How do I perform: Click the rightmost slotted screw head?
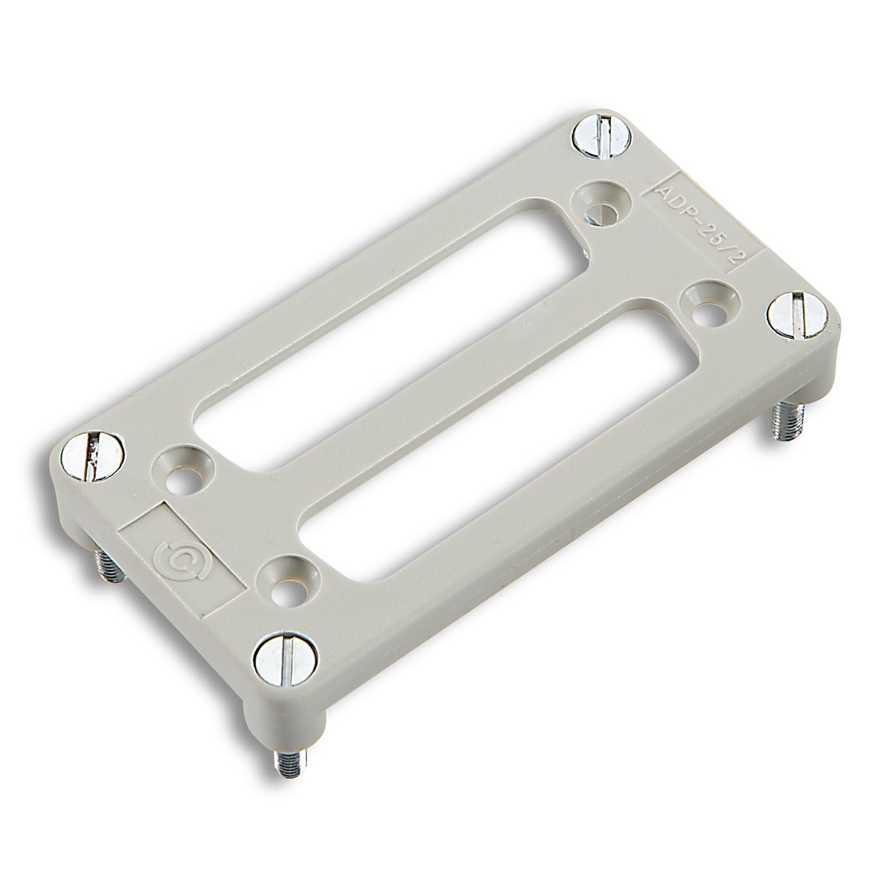pyautogui.click(x=795, y=313)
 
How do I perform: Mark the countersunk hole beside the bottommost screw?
pyautogui.click(x=290, y=582)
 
